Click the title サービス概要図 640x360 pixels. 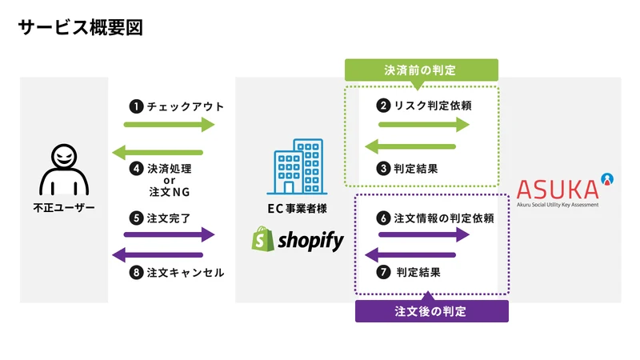81,28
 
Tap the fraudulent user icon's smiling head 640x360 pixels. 64,155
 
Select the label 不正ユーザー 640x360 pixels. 64,208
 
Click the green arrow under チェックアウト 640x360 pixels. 169,125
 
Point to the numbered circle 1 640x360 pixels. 136,106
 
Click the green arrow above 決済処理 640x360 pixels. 158,153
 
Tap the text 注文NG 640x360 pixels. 170,191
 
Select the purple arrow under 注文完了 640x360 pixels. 169,234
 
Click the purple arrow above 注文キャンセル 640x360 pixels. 158,255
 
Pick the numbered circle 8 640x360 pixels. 136,272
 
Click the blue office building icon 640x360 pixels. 297,166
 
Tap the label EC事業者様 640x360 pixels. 297,209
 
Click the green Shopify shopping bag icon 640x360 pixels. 263,238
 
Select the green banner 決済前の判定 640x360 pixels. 422,70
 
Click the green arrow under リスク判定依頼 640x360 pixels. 424,125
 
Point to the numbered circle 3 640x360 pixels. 383,168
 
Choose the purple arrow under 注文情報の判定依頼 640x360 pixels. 424,234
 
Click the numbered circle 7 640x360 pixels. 383,272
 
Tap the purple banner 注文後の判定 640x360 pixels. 432,311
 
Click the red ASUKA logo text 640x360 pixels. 558,190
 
